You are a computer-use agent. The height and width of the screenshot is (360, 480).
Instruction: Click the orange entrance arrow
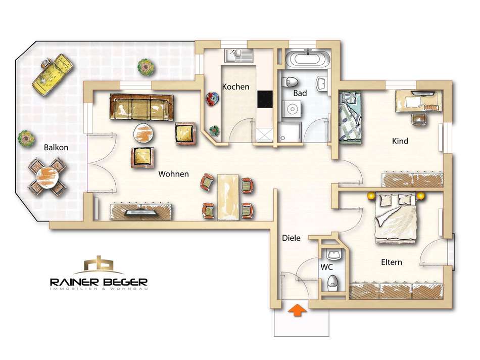click(297, 310)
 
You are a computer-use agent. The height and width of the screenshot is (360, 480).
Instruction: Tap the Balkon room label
click(56, 147)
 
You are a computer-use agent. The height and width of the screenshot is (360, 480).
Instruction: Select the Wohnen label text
click(174, 174)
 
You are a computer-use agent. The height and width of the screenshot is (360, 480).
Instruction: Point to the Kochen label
click(236, 86)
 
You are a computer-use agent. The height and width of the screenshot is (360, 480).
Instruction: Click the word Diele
click(291, 238)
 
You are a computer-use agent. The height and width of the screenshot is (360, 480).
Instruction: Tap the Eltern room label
click(392, 262)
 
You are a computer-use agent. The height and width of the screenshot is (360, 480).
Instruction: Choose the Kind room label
click(400, 141)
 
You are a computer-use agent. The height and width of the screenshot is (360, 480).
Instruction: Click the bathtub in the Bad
click(308, 58)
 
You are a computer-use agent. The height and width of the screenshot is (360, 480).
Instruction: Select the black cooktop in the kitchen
click(265, 99)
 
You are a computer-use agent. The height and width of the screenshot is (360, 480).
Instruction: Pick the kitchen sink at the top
click(239, 56)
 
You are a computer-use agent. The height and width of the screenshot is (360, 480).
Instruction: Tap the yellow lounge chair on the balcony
click(53, 74)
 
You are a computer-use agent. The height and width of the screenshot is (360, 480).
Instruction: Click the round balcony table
click(47, 177)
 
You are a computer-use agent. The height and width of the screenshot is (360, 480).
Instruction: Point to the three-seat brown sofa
click(141, 107)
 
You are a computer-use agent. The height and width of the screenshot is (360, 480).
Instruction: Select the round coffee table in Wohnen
click(143, 133)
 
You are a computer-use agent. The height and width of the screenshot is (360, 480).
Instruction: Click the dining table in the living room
click(228, 197)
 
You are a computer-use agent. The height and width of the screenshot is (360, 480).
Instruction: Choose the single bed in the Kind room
click(351, 117)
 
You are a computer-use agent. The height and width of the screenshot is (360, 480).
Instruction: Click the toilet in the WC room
click(332, 283)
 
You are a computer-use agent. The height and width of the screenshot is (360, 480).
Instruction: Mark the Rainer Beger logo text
click(99, 282)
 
